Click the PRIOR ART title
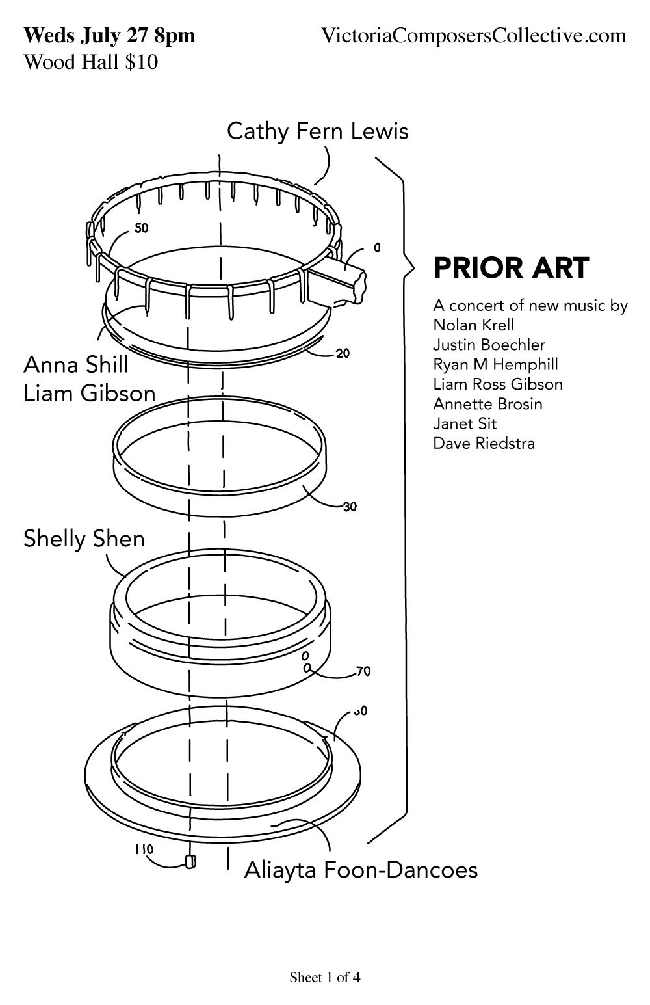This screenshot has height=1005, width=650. (x=511, y=268)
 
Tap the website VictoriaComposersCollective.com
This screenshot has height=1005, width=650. (x=474, y=35)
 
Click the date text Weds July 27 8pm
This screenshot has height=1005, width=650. (x=109, y=36)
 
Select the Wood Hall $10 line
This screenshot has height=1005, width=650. (x=91, y=61)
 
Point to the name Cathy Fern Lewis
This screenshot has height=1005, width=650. (x=318, y=131)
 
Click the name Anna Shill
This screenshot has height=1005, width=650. (x=76, y=364)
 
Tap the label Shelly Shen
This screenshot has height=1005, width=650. (x=84, y=539)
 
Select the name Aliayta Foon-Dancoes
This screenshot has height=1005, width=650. (x=361, y=870)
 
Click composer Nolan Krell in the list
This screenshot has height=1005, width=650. (x=473, y=325)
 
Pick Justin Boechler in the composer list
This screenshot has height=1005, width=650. (x=489, y=345)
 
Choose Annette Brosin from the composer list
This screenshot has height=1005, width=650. (x=487, y=404)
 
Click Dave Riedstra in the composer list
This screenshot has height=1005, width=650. (x=484, y=443)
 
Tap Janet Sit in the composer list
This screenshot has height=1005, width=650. (x=465, y=423)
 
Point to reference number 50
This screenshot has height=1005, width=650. (x=141, y=228)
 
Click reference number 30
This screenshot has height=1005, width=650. (x=350, y=507)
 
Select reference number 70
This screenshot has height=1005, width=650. (x=363, y=672)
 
